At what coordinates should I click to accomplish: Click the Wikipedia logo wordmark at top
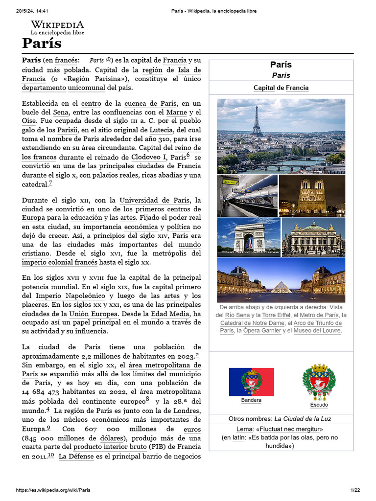point(57,24)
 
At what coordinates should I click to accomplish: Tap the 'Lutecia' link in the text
point(161,130)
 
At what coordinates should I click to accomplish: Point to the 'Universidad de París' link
point(155,200)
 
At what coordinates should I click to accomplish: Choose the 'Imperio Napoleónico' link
point(71,296)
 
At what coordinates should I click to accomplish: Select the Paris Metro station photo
point(247,196)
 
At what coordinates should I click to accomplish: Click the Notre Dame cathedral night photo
point(312,196)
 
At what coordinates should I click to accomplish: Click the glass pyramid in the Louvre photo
point(281,286)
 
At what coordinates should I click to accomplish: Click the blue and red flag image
point(251,382)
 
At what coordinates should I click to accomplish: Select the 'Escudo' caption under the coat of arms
point(319,405)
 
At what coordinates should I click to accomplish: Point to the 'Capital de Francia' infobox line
point(281,88)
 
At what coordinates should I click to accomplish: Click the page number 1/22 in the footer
point(354,490)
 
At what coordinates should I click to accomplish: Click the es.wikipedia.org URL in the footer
point(53,490)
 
